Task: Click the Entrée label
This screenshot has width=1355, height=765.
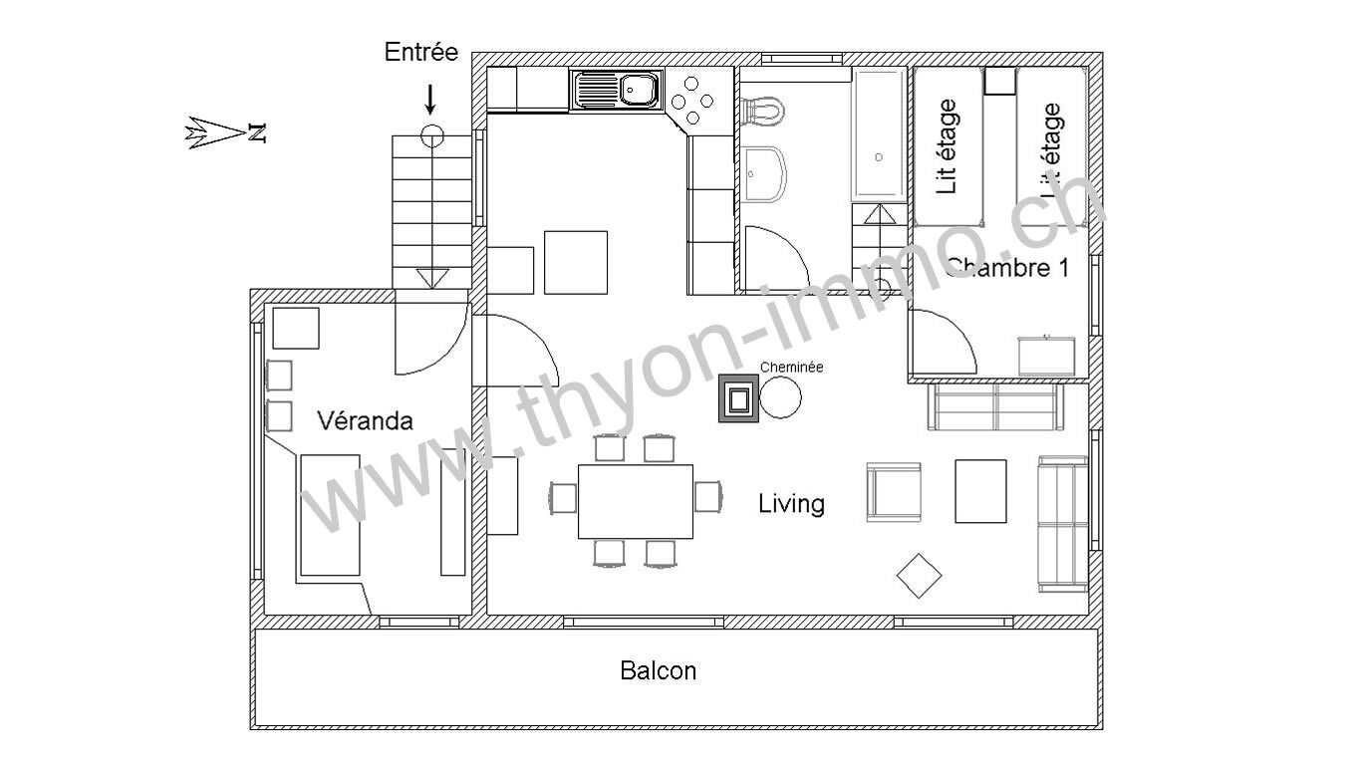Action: [421, 52]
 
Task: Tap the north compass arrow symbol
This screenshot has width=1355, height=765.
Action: [225, 132]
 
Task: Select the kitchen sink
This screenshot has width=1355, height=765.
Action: [617, 90]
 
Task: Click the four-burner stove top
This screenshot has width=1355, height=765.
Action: [692, 101]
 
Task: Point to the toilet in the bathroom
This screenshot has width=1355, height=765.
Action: [764, 112]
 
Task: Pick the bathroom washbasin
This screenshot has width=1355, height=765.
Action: [766, 174]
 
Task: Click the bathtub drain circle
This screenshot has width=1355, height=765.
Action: [879, 157]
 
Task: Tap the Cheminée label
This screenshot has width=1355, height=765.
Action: [791, 368]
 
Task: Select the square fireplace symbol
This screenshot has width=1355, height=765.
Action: [738, 397]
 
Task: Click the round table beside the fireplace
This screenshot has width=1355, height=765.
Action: [780, 397]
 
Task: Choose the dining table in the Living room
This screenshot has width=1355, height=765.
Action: [636, 501]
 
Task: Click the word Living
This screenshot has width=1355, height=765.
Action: [791, 504]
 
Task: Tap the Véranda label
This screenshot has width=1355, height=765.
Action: [365, 420]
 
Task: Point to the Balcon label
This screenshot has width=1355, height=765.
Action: [659, 670]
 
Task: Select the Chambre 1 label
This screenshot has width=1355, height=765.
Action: [1008, 268]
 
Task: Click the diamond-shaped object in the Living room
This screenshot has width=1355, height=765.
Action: [919, 576]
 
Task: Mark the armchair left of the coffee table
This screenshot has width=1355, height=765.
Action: [894, 492]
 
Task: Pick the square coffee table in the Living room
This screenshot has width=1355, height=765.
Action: [980, 491]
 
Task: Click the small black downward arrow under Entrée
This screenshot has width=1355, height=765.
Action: [430, 100]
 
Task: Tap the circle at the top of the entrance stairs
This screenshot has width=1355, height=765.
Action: [432, 136]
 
